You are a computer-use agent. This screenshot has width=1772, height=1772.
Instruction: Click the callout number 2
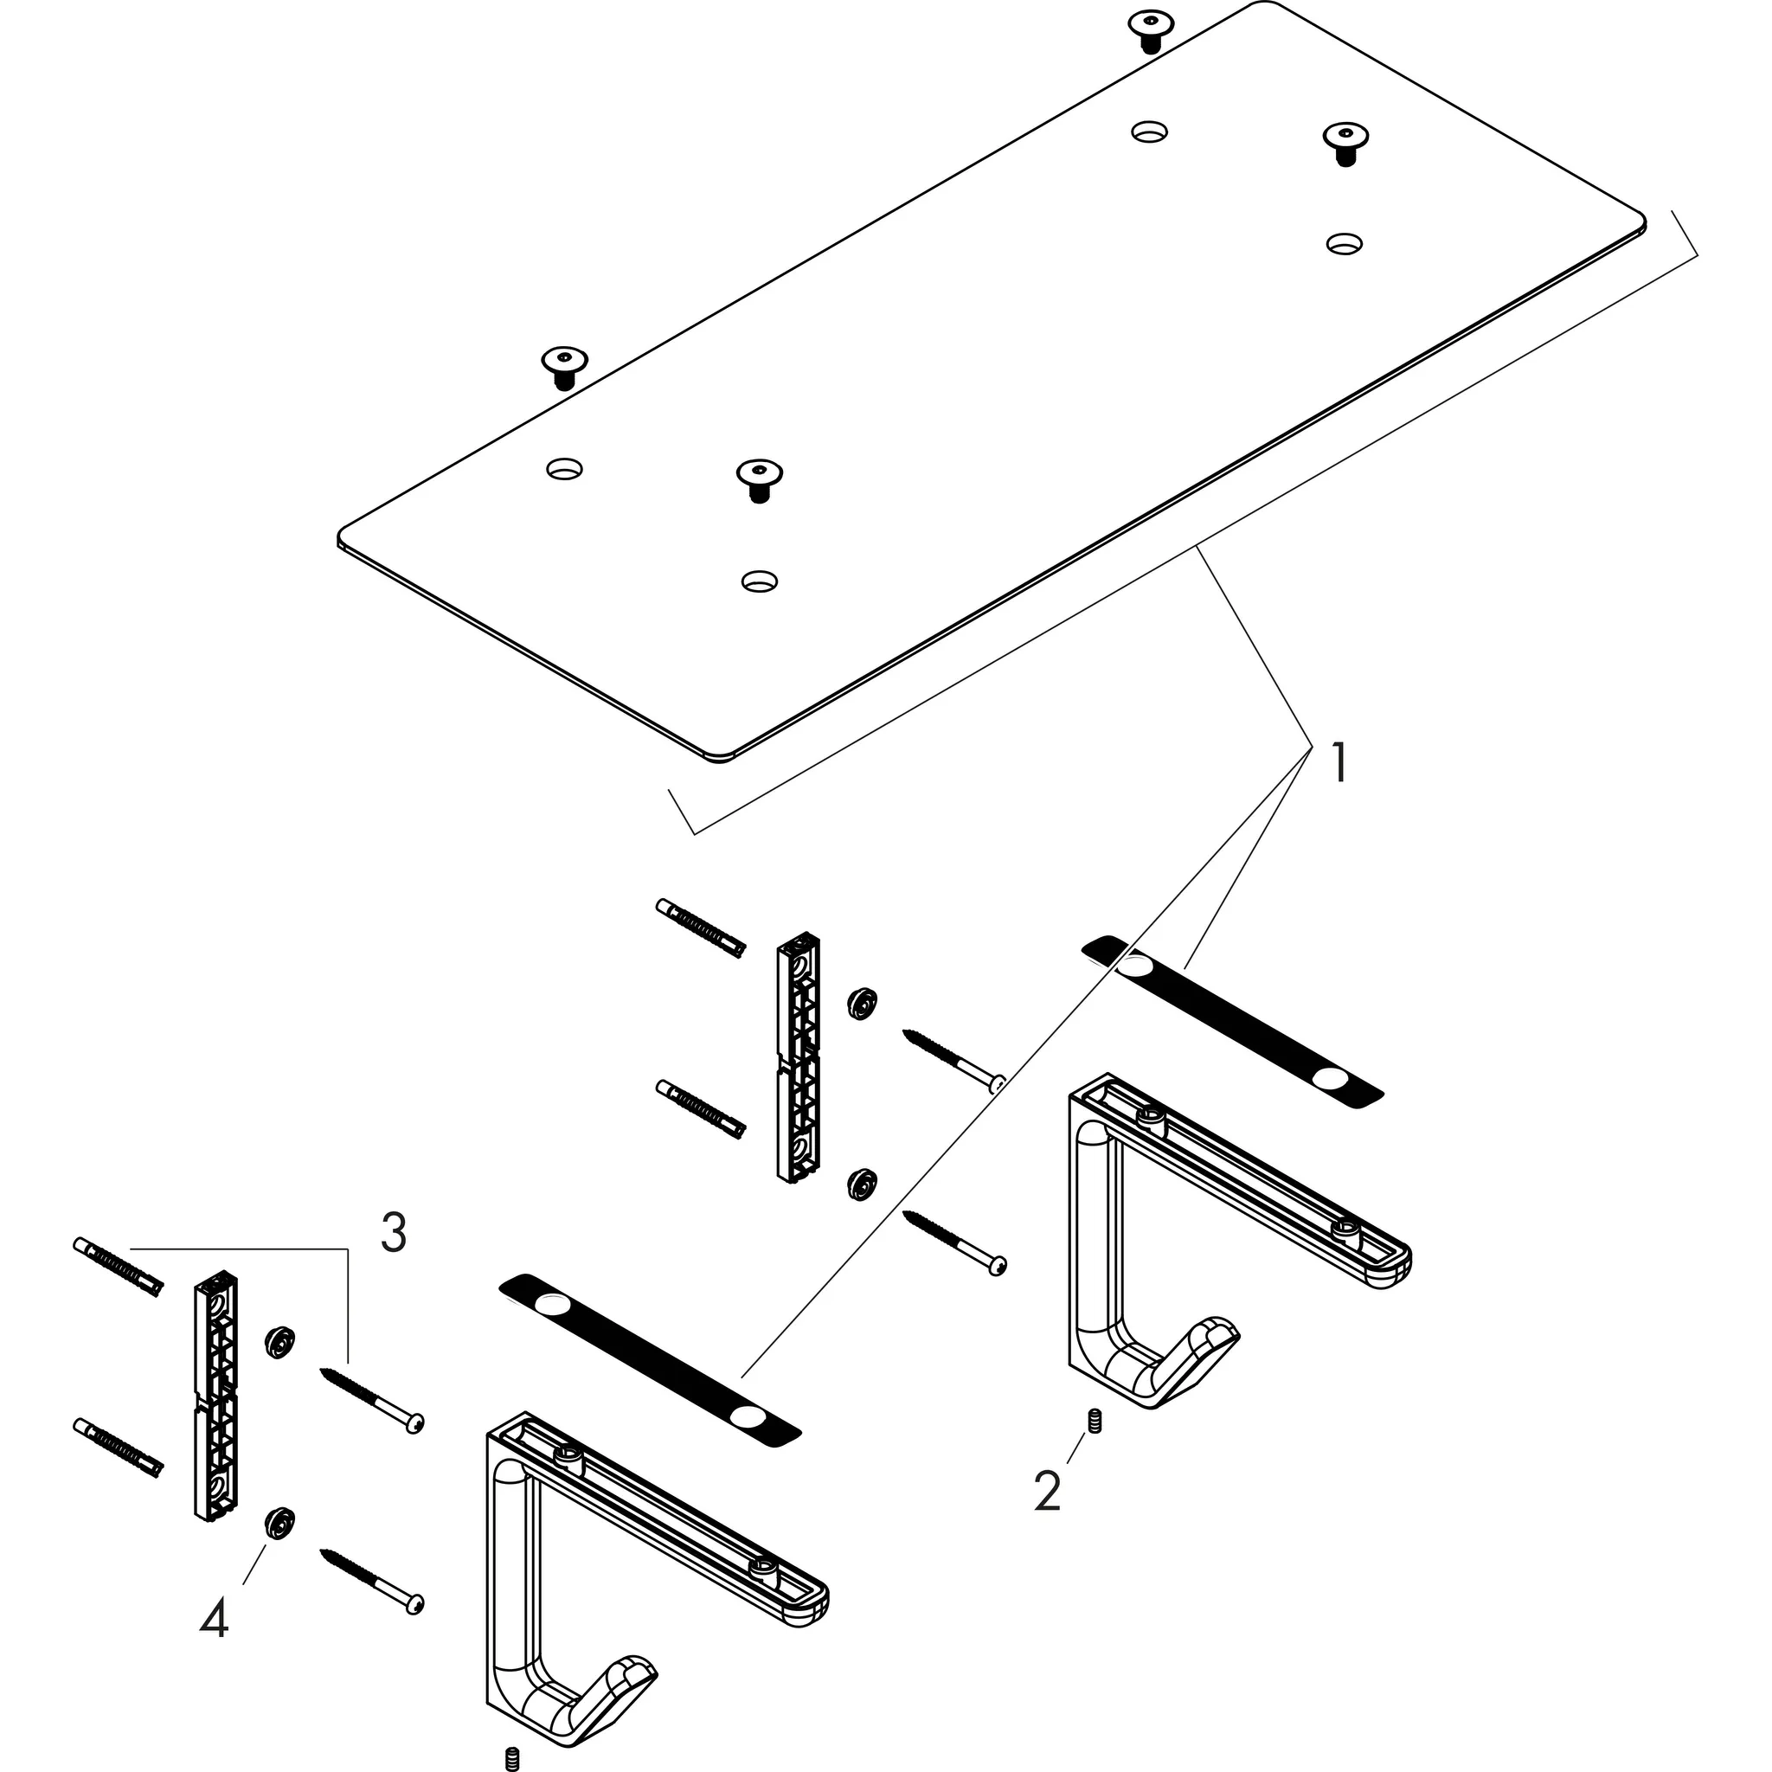tap(1048, 1490)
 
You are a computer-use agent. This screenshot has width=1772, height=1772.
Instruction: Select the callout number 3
tap(394, 1234)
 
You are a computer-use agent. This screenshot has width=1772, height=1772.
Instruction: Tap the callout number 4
tap(214, 1620)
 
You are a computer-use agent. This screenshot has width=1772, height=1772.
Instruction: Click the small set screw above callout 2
tap(1094, 1421)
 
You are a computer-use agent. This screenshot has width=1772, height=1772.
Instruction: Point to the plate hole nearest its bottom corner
tap(759, 580)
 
